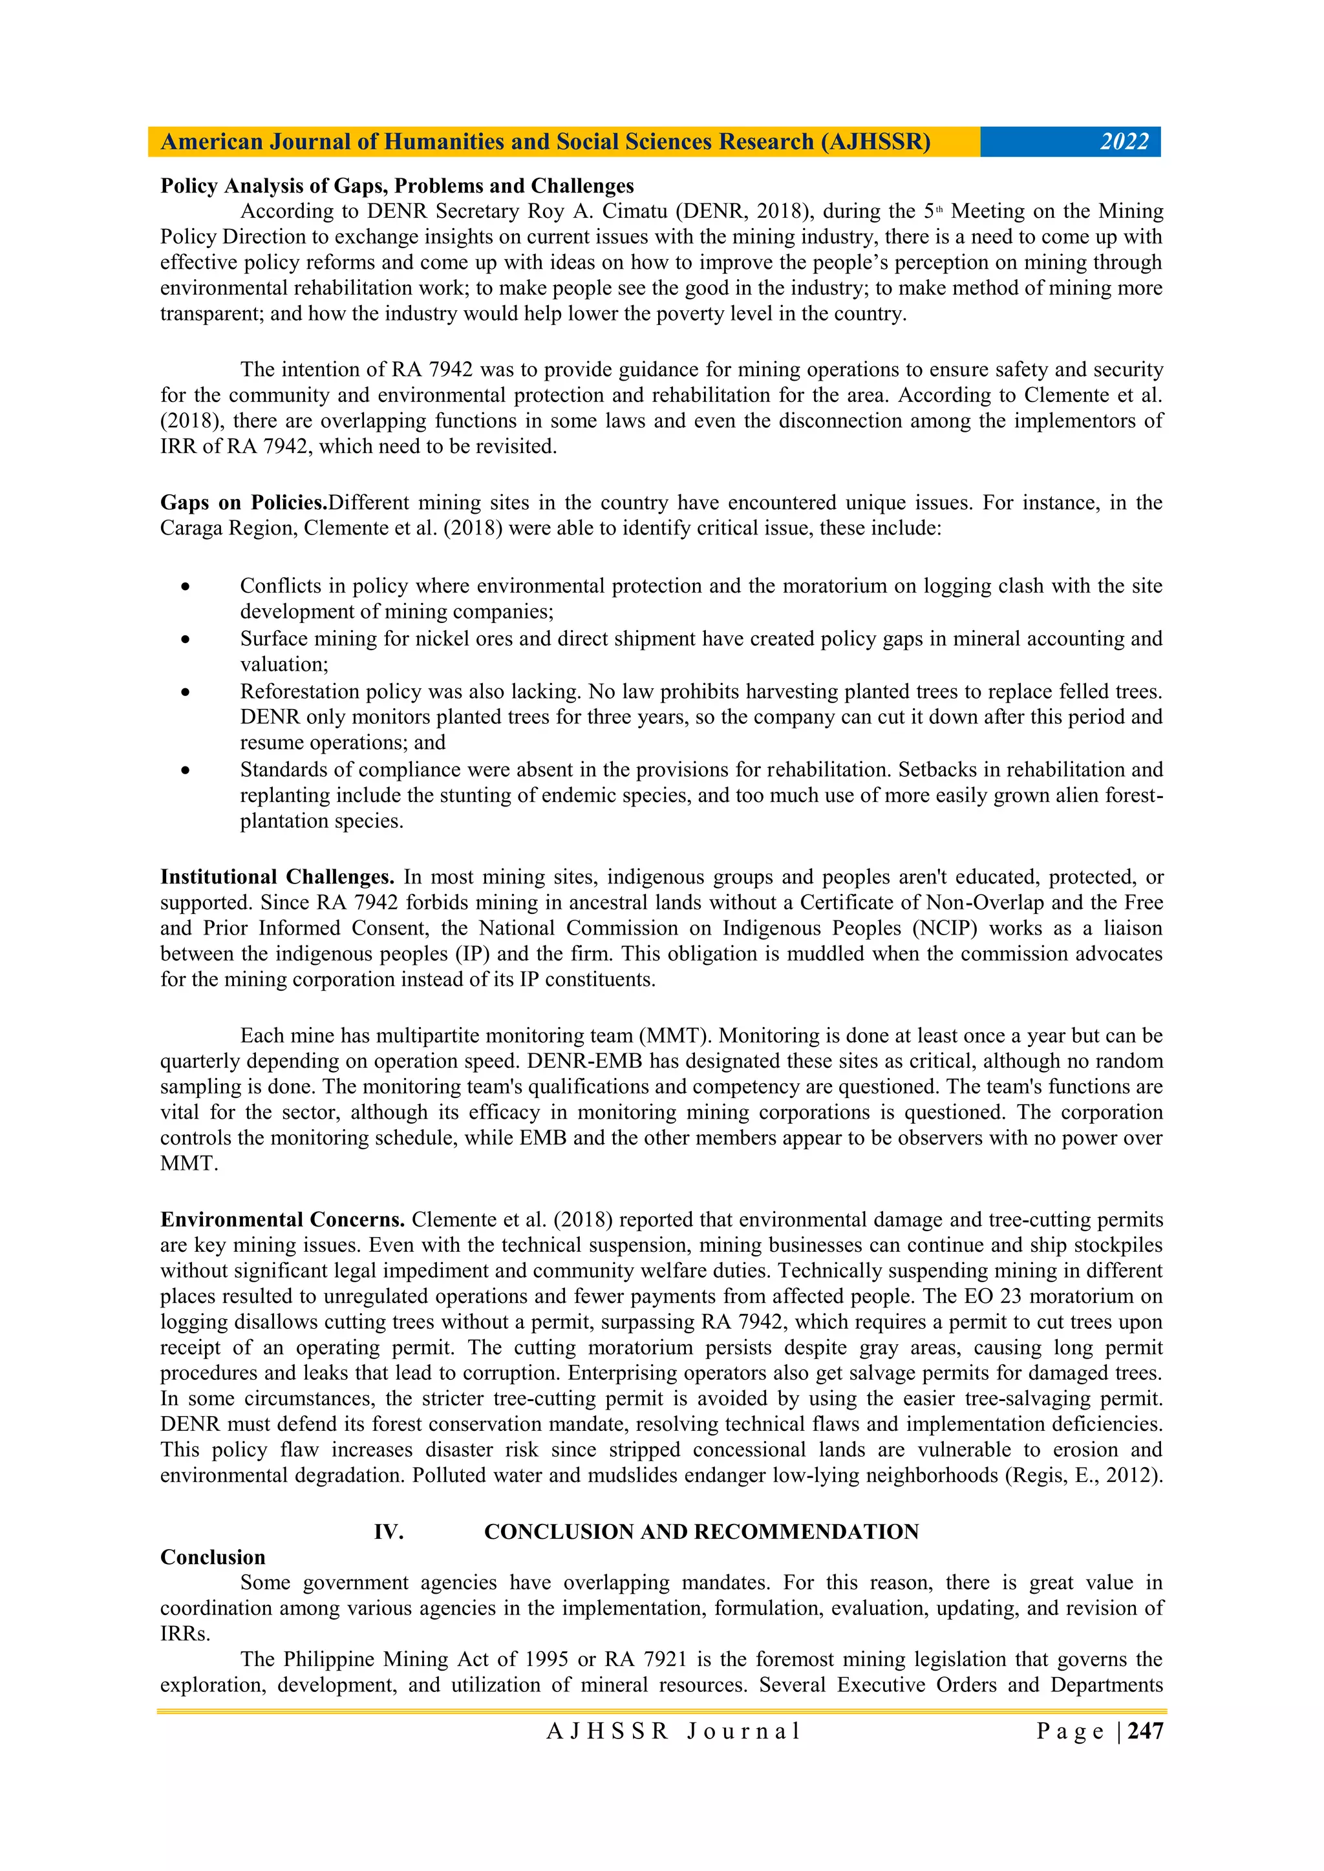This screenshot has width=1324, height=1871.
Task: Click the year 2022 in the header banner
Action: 1124,142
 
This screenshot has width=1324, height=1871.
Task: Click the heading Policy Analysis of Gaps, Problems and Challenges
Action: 396,185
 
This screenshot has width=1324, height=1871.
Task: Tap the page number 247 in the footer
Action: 1146,1731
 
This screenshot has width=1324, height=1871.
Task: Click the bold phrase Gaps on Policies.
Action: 243,503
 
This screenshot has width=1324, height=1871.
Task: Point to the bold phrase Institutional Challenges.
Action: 277,877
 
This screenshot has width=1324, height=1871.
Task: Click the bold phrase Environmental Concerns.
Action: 282,1220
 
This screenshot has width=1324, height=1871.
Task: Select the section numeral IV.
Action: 389,1532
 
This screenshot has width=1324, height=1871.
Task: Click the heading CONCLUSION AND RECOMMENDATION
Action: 701,1532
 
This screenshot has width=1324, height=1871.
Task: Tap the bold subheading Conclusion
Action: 213,1558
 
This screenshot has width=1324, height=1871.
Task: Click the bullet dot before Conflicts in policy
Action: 186,587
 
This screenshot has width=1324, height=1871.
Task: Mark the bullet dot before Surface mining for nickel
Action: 186,640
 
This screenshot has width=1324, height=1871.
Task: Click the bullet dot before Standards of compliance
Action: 186,770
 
